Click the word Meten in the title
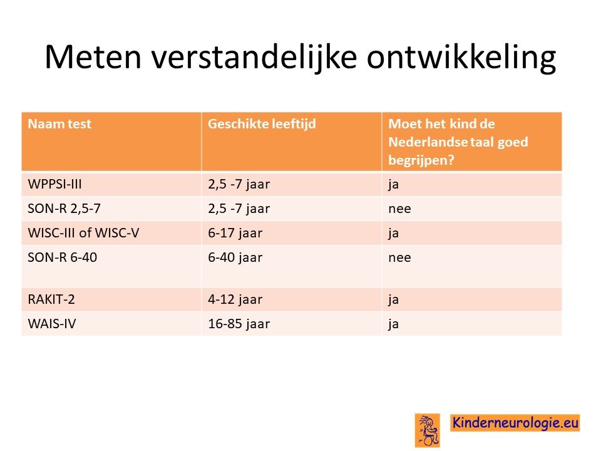pos(93,57)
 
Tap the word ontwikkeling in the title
pos(461,58)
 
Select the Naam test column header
pos(59,124)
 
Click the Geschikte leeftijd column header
pos(262,124)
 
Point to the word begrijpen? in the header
pos(421,160)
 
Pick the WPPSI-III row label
pos(55,184)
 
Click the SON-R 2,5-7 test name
pos(64,209)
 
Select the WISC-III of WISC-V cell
pos(83,233)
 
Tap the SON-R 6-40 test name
pos(62,257)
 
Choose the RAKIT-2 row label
pos(51,299)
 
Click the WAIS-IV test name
pos(52,324)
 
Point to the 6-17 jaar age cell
pos(235,233)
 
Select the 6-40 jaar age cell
pos(235,257)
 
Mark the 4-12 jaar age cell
pos(235,299)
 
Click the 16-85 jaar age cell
pos(239,324)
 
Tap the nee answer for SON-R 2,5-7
pos(399,209)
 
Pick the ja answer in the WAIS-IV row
pos(393,324)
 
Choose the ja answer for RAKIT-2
pos(393,300)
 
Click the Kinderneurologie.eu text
pos(515,423)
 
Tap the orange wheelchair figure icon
pos(428,430)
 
